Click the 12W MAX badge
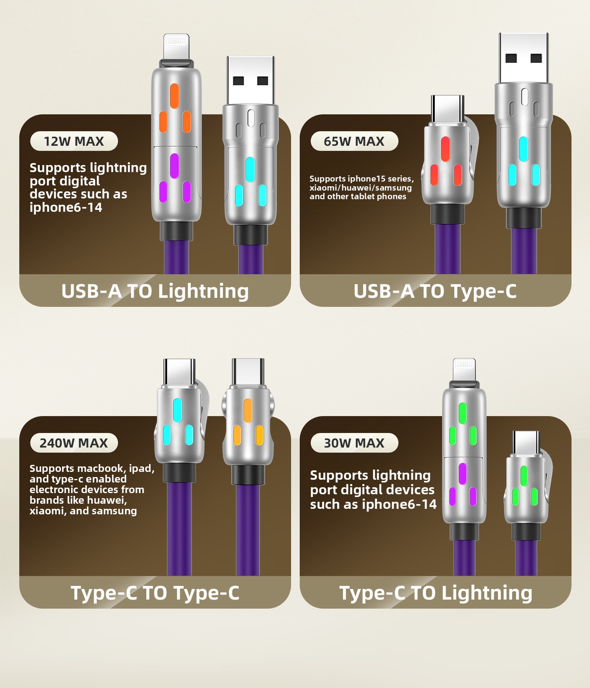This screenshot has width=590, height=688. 74,141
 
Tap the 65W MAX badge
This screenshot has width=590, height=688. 354,141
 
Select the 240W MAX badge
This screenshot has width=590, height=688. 74,443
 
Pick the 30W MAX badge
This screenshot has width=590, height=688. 354,443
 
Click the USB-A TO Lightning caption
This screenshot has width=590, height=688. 155,292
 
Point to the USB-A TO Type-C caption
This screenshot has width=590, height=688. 435,291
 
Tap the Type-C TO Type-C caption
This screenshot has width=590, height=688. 155,593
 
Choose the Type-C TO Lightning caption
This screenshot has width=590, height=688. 436,593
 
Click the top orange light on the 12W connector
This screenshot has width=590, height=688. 174,95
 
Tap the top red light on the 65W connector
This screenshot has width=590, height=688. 445,149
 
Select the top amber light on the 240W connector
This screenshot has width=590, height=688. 248,411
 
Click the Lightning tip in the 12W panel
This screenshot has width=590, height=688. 176,47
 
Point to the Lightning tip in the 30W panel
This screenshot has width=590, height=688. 464,369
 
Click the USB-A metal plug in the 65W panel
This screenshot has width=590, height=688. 524,58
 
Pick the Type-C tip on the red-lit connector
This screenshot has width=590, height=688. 447,109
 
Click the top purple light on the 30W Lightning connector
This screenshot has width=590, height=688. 463,473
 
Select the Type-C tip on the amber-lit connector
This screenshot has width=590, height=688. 248,372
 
